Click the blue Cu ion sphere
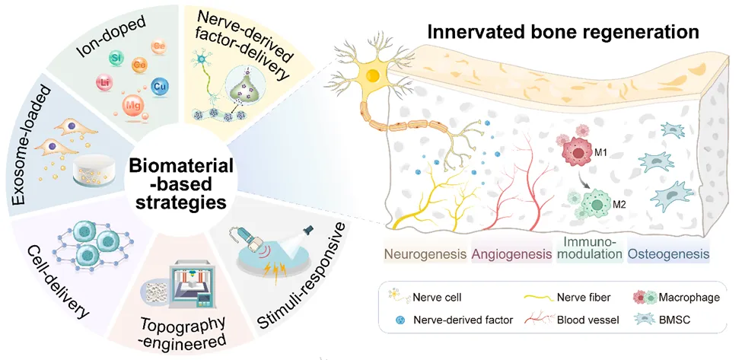click(159, 86)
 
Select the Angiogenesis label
click(511, 253)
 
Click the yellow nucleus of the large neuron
click(374, 76)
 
